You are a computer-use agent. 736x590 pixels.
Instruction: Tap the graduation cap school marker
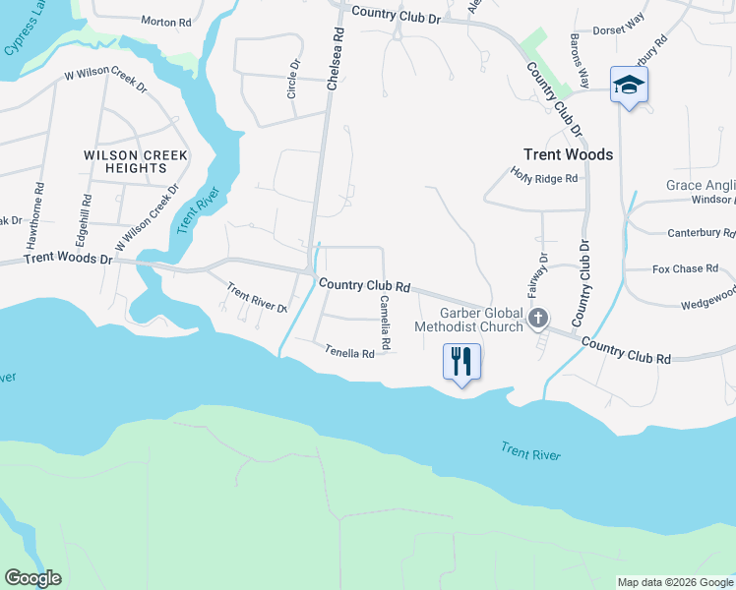point(628,85)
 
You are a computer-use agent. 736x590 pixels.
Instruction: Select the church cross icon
point(537,318)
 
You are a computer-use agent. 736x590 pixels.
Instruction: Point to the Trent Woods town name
point(568,154)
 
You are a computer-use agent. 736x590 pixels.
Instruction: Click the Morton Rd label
point(165,22)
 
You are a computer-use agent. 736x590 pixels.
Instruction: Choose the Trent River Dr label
point(256,298)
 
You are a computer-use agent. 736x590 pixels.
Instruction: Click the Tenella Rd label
point(350,351)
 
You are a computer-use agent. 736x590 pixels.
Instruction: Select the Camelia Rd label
point(386,324)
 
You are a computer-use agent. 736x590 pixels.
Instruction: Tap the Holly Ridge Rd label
point(543,175)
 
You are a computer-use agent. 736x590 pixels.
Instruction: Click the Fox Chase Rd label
point(684,268)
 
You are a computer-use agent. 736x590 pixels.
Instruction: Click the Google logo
point(32,578)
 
